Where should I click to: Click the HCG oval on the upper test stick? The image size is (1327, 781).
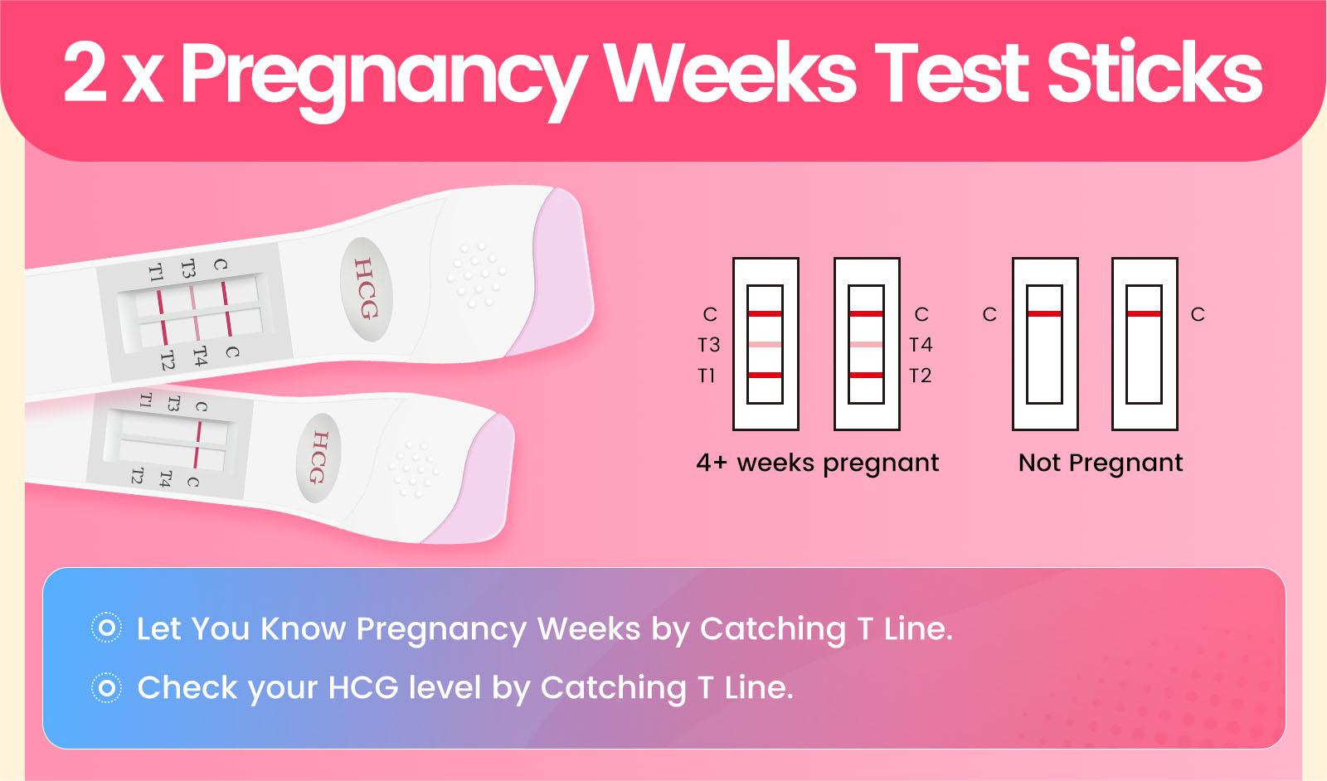click(367, 289)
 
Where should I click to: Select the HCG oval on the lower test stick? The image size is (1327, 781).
click(318, 458)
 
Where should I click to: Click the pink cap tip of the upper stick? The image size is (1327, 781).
click(563, 273)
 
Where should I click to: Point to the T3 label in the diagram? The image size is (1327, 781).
click(708, 345)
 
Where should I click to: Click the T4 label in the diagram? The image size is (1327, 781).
click(921, 345)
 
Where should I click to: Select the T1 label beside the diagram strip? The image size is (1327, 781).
click(706, 376)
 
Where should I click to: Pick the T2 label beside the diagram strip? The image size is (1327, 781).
click(920, 376)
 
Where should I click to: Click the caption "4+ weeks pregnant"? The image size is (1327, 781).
click(818, 463)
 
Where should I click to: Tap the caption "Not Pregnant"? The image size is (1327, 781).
click(1101, 463)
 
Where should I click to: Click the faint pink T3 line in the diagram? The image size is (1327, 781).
click(765, 345)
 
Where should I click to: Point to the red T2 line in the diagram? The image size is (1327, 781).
click(866, 375)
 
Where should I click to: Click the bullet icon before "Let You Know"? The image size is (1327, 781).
click(107, 628)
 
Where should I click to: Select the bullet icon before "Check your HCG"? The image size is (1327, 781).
click(107, 688)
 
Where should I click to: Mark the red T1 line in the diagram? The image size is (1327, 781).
click(765, 375)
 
